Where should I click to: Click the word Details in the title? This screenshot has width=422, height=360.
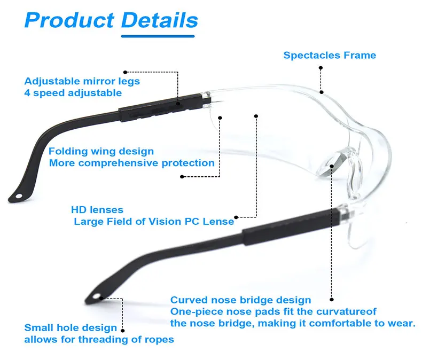tap(159, 20)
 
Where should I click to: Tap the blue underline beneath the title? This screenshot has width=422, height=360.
tap(159, 36)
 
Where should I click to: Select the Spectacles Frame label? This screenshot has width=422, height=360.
tap(330, 55)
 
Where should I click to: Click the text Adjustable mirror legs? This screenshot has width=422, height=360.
tap(82, 81)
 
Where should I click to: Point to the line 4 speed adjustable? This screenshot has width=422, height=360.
tap(73, 92)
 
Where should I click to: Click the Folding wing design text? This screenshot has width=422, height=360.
tap(101, 152)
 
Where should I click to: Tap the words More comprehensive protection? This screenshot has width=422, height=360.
tap(132, 163)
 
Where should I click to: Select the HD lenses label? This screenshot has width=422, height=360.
tap(97, 210)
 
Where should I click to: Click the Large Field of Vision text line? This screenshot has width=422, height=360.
tap(154, 221)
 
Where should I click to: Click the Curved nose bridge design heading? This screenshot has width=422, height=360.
tap(240, 300)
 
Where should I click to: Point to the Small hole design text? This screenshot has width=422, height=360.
tap(71, 327)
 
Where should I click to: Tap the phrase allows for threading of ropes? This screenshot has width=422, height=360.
tap(99, 339)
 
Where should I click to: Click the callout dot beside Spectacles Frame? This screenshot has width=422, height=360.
tap(321, 68)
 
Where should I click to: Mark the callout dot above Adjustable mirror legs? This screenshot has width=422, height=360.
tap(125, 72)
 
